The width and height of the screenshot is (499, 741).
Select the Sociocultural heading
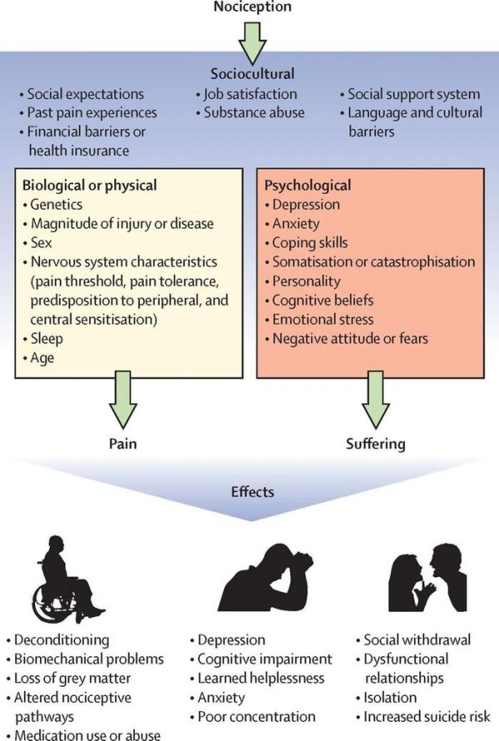pos(251,73)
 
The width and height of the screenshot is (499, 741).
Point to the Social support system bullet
pos(413,94)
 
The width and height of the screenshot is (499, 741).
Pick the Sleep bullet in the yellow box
pos(47,338)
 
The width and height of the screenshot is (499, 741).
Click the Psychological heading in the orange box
pos(308,185)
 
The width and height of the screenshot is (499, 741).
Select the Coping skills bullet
pos(309,243)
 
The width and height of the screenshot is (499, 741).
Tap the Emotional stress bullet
pos(318,319)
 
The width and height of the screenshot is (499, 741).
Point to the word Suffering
pos(376,443)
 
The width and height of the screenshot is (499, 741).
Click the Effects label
pos(252,492)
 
